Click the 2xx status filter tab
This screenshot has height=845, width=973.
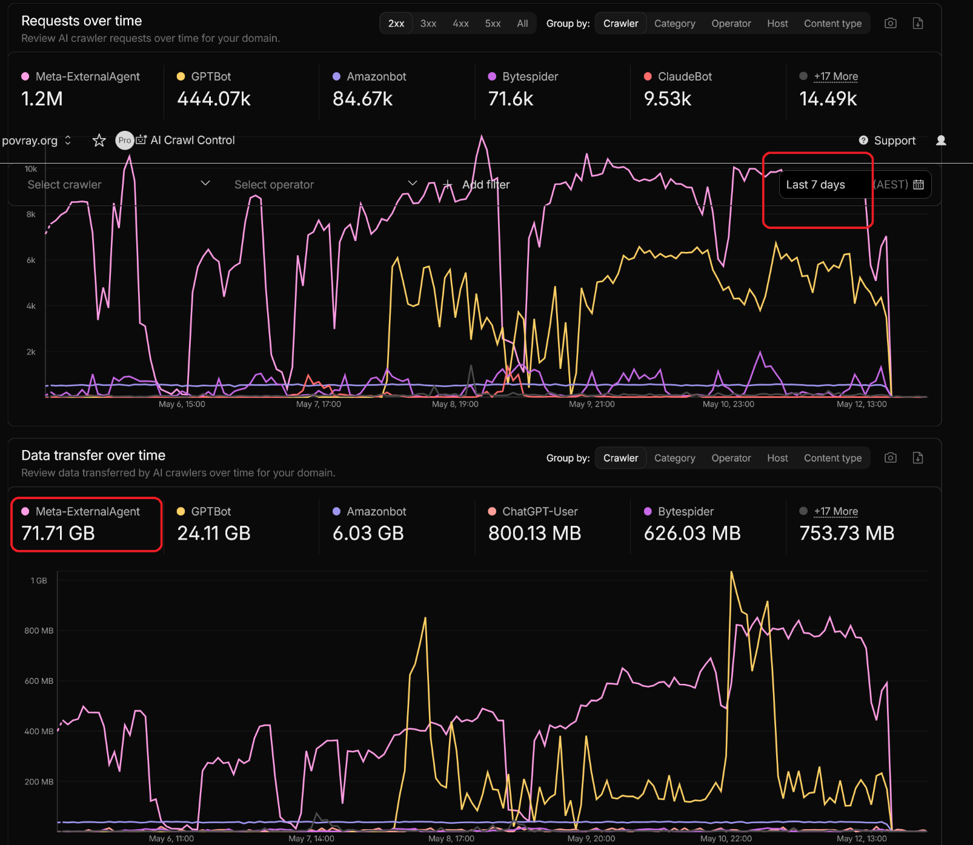pyautogui.click(x=396, y=24)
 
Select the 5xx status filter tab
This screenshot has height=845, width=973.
pyautogui.click(x=493, y=24)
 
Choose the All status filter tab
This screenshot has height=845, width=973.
pyautogui.click(x=522, y=24)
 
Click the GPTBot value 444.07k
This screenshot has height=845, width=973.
pyautogui.click(x=214, y=99)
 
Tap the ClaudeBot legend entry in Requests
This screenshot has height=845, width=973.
pyautogui.click(x=678, y=76)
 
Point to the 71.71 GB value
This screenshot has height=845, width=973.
pyautogui.click(x=58, y=533)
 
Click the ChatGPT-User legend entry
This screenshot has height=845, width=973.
pyautogui.click(x=533, y=511)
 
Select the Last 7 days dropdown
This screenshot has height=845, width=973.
pyautogui.click(x=815, y=185)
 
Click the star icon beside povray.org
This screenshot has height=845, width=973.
pyautogui.click(x=99, y=141)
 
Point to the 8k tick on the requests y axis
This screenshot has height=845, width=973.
pyautogui.click(x=31, y=214)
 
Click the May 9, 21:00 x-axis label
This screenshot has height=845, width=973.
pyautogui.click(x=592, y=404)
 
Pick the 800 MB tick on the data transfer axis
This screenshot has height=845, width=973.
pyautogui.click(x=39, y=631)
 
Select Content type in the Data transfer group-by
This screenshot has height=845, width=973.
pyautogui.click(x=832, y=458)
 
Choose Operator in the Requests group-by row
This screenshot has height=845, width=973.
pyautogui.click(x=731, y=24)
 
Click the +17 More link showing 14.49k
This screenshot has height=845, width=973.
pyautogui.click(x=836, y=76)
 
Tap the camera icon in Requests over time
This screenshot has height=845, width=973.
pyautogui.click(x=891, y=23)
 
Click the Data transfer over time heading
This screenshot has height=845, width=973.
pyautogui.click(x=93, y=456)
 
